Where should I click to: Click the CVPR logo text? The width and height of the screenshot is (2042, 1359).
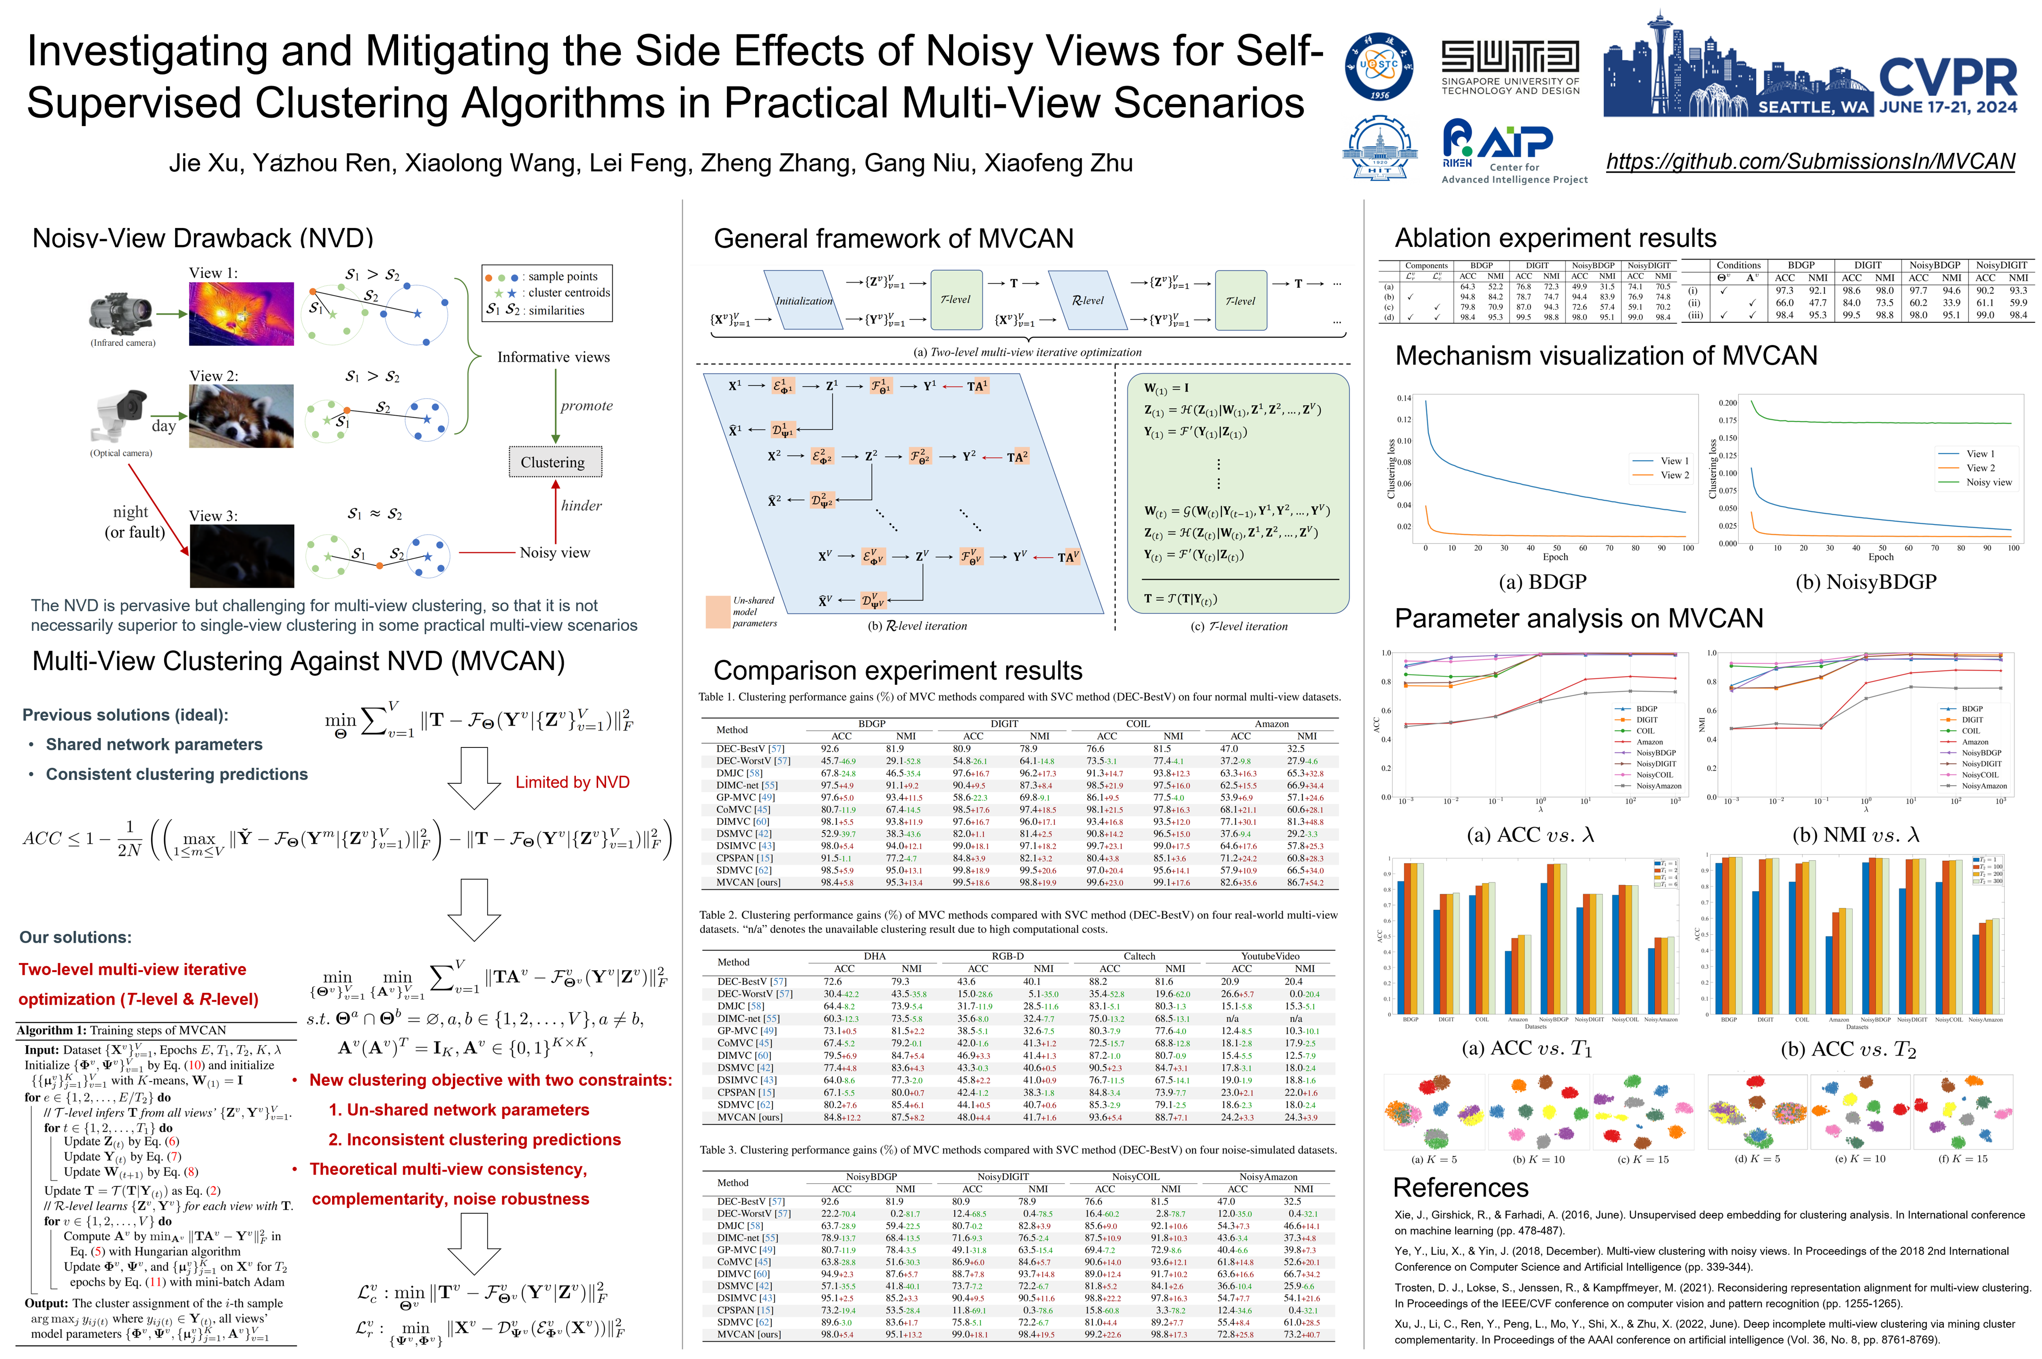(1948, 78)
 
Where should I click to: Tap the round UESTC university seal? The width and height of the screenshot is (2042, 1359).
(1378, 66)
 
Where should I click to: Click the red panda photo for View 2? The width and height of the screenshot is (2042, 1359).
(241, 416)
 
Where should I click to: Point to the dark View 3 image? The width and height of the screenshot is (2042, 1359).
(241, 555)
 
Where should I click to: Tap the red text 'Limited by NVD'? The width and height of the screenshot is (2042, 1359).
(572, 782)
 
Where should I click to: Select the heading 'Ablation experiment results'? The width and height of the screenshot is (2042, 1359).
(1555, 238)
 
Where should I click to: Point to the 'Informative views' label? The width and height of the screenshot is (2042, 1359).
(553, 357)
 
